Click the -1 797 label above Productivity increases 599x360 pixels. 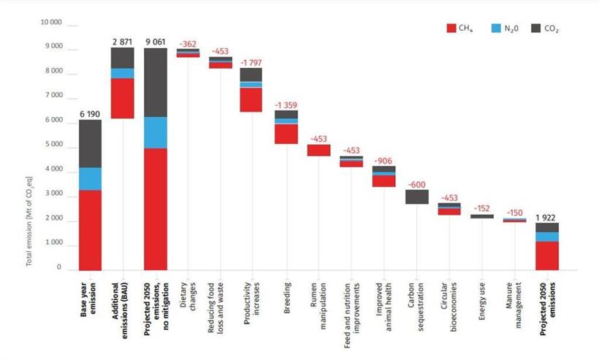pyautogui.click(x=251, y=61)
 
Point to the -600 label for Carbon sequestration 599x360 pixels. pyautogui.click(x=416, y=183)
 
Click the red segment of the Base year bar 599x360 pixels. pyautogui.click(x=90, y=230)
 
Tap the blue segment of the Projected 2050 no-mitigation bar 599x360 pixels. pyautogui.click(x=156, y=132)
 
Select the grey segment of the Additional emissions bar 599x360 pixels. pyautogui.click(x=123, y=58)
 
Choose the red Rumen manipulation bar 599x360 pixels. pyautogui.click(x=318, y=150)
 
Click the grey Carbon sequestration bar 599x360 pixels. pyautogui.click(x=416, y=197)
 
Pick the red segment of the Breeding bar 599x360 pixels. pyautogui.click(x=286, y=134)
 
